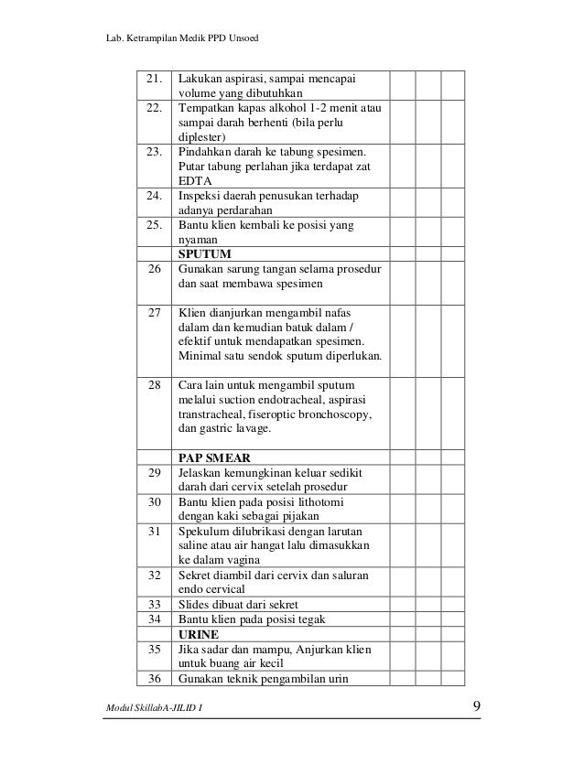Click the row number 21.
point(152,79)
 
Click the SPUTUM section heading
point(204,253)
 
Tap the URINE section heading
point(199,633)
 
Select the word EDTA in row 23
point(194,181)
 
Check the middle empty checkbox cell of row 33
point(427,604)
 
